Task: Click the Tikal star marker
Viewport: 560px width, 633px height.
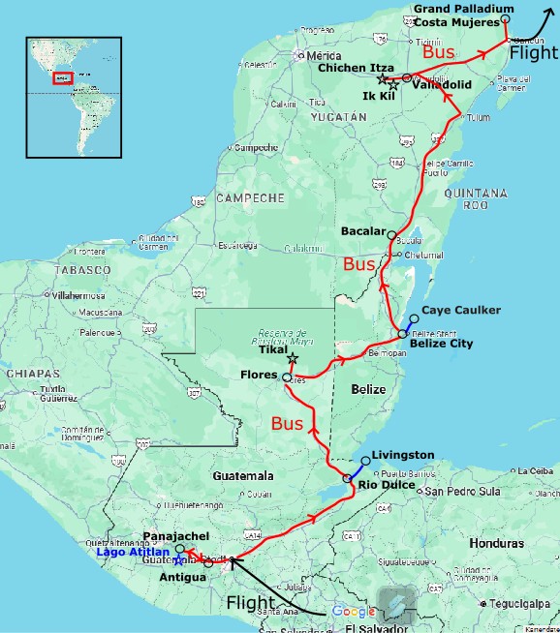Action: (293, 358)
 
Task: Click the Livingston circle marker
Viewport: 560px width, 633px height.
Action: (364, 462)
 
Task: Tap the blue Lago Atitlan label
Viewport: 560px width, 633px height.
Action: (133, 552)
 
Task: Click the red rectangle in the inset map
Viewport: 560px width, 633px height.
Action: (63, 77)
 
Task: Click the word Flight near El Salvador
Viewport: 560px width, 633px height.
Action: (251, 603)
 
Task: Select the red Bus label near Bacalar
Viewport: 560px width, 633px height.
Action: (360, 264)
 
